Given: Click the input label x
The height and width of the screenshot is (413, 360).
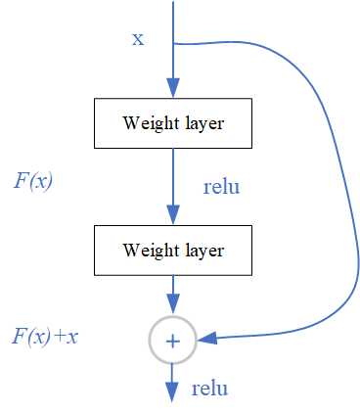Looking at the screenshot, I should (x=138, y=38).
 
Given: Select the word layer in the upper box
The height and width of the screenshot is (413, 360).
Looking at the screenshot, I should (x=203, y=123).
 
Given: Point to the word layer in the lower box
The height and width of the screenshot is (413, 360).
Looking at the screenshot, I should (x=203, y=250).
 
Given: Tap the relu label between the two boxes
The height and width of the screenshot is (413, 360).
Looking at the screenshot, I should (x=221, y=186).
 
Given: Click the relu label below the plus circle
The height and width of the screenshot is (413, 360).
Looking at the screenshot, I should (x=209, y=389).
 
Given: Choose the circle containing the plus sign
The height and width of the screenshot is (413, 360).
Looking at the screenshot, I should (x=173, y=341).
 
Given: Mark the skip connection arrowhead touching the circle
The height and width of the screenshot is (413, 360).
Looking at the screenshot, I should (x=206, y=339).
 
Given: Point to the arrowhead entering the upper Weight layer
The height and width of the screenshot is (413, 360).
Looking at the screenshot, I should (x=173, y=90).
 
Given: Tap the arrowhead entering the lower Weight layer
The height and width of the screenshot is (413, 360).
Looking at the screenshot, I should (x=173, y=216).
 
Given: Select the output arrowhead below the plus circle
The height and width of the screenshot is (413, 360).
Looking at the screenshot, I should (x=173, y=390).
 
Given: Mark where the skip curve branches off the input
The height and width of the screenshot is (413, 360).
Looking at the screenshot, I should (x=173, y=43).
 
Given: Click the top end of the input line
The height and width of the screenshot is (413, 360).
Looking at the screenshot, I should (x=173, y=3).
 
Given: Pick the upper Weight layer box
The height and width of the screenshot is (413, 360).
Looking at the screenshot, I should (x=173, y=123).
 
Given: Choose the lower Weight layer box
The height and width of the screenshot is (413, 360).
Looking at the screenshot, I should (x=173, y=250).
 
